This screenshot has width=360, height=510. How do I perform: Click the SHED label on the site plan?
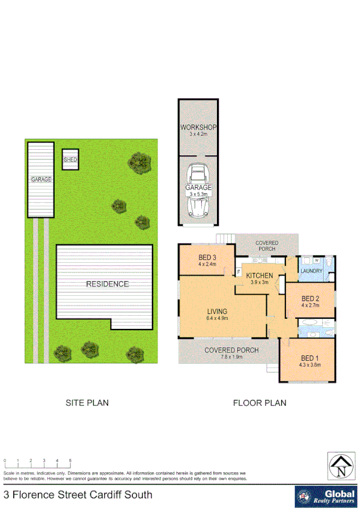[70, 159]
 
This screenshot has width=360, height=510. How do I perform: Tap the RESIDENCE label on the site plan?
[107, 284]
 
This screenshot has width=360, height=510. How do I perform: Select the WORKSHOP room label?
[198, 127]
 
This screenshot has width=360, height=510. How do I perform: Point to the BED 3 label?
[207, 257]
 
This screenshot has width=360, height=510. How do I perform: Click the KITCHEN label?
[260, 276]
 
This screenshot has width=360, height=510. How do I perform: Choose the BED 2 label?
[310, 299]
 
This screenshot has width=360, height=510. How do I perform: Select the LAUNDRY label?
[313, 271]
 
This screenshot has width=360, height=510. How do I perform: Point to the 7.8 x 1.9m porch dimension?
[231, 357]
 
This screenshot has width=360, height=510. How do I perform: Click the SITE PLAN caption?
[87, 403]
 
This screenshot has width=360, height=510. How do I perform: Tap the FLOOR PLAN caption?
[260, 403]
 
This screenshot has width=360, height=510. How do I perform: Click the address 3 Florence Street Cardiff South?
[78, 496]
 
